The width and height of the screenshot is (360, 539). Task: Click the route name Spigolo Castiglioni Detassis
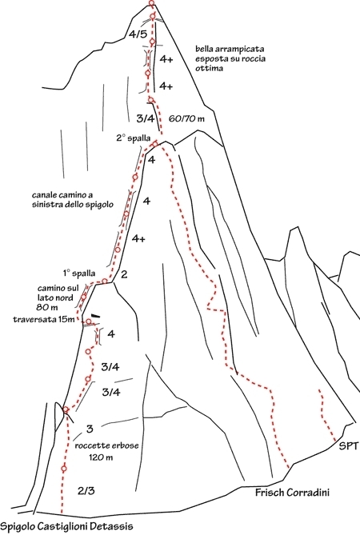click(66, 527)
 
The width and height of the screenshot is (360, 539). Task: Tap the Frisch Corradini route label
click(292, 493)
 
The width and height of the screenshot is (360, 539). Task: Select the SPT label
click(348, 446)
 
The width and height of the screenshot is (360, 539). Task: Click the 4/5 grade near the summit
click(138, 34)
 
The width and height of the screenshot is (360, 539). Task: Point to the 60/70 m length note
click(186, 119)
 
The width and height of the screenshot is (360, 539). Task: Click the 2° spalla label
click(134, 138)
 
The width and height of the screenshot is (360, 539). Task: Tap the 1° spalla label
click(78, 273)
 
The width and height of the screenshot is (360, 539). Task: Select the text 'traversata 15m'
click(44, 319)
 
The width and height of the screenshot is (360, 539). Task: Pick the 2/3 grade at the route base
click(86, 491)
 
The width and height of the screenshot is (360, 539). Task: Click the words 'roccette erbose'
click(106, 445)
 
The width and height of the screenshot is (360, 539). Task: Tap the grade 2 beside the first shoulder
click(124, 274)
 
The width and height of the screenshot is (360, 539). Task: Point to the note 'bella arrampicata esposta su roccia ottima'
click(230, 58)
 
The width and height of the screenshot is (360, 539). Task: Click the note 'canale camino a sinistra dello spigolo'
click(73, 200)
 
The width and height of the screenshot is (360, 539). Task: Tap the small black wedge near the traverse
click(96, 315)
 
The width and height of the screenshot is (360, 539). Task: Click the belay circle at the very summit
click(151, 3)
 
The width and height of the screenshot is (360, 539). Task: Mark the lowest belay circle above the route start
click(64, 468)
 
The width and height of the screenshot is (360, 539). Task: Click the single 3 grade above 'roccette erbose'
click(90, 429)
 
